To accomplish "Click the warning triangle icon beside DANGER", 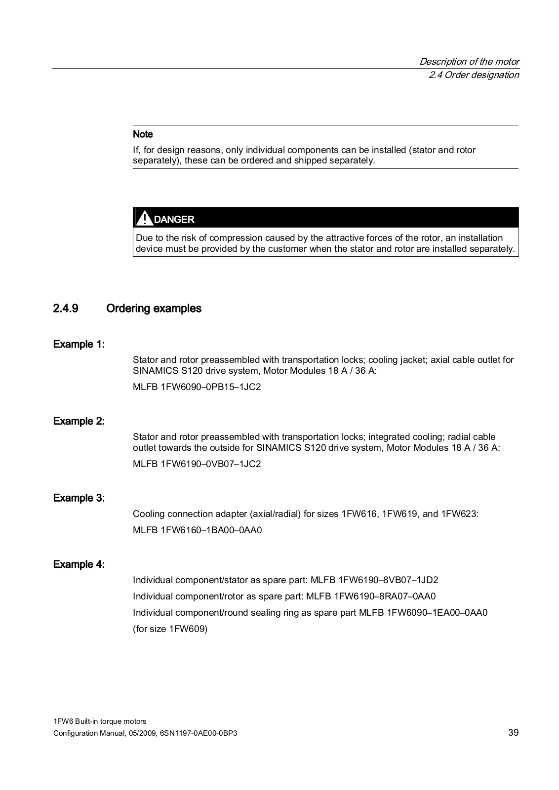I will (x=144, y=218).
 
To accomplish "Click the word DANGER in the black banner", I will (x=174, y=219).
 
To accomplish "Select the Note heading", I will (x=143, y=134).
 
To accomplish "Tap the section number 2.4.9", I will (x=66, y=309).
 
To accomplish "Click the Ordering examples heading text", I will (x=154, y=309).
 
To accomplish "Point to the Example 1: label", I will (x=79, y=344).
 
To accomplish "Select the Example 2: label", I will (x=79, y=421).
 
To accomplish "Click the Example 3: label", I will (x=79, y=498).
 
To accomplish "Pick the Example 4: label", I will (x=79, y=564).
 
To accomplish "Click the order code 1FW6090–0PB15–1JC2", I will (x=210, y=387).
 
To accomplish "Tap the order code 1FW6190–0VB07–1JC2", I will (x=210, y=464).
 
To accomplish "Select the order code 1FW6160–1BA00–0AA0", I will (x=211, y=530).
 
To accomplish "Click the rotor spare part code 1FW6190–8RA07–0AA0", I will (x=385, y=596).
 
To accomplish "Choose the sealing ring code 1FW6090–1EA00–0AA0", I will (x=437, y=613).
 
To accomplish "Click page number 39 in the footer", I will (x=513, y=733).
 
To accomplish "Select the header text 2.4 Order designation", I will (x=474, y=75).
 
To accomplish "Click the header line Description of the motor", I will (x=469, y=62).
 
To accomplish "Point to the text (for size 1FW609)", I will (x=170, y=629).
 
